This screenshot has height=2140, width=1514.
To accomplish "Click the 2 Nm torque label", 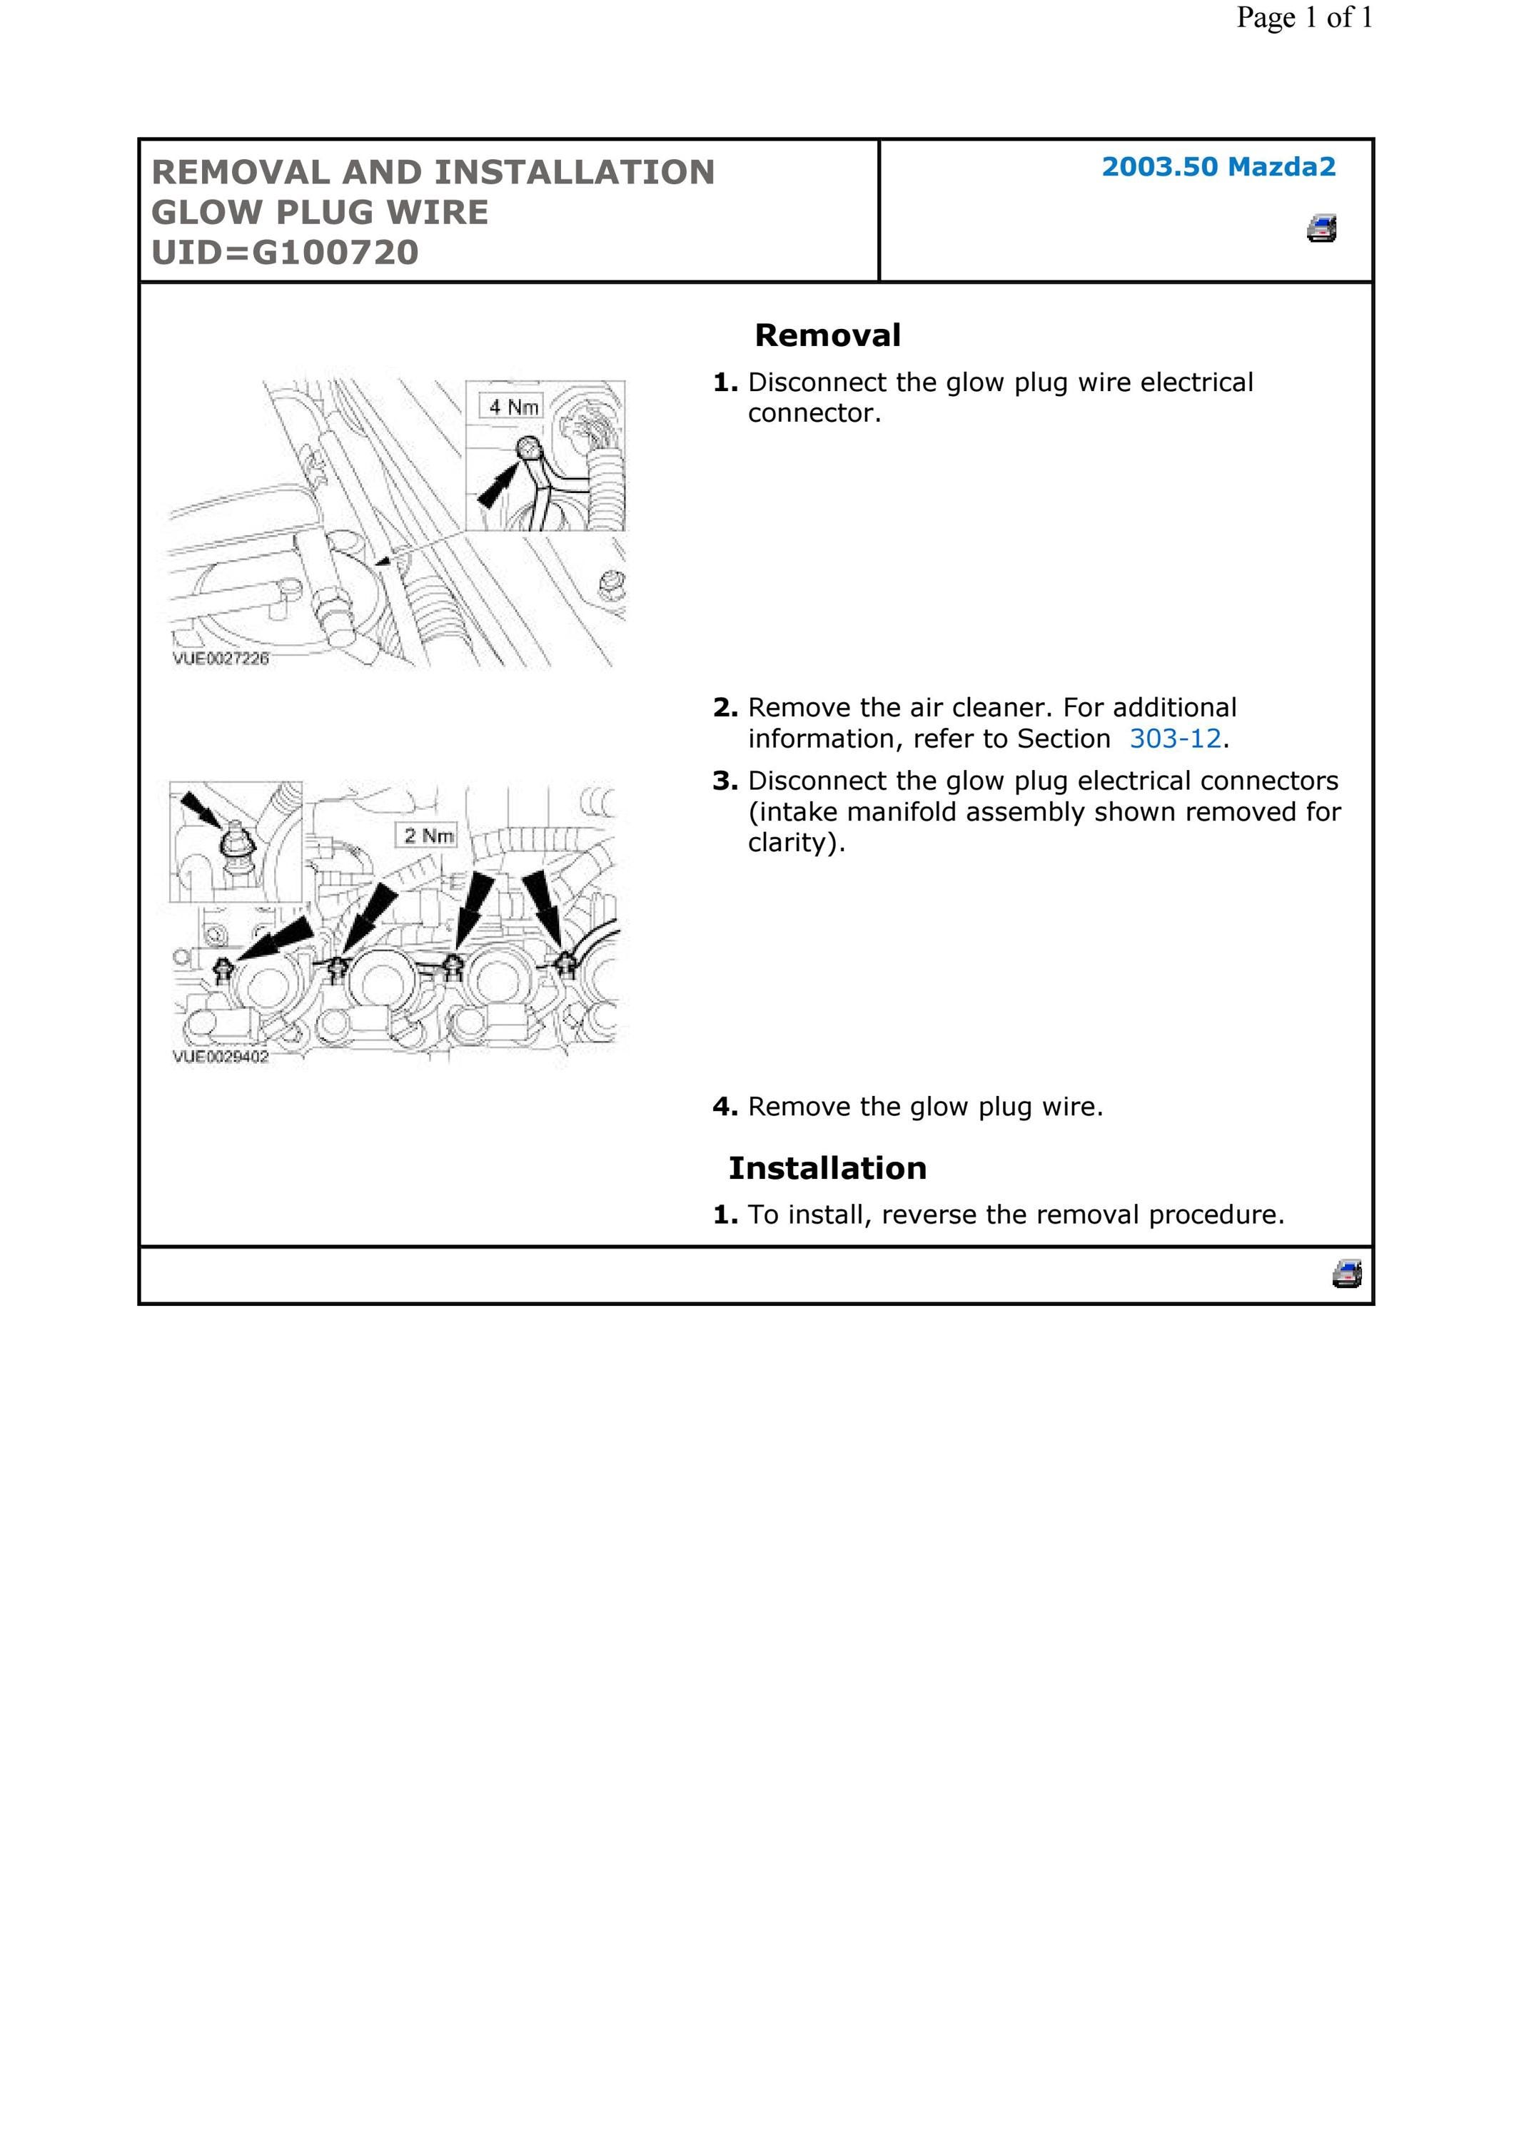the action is [427, 835].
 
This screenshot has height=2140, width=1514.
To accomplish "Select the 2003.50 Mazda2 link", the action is [1218, 167].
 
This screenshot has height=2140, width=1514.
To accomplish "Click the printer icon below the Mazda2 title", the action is [1322, 228].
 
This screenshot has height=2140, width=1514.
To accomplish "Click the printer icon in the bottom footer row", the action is [1347, 1273].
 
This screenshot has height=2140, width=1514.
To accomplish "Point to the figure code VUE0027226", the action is [221, 658].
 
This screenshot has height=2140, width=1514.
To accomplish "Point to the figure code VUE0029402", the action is [221, 1056].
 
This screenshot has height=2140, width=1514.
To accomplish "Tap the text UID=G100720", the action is [286, 253].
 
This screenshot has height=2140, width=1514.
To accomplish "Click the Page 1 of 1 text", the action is [1304, 17].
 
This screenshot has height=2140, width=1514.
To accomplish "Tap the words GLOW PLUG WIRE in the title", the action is [320, 213].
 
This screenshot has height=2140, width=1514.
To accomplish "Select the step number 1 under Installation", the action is [725, 1214].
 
